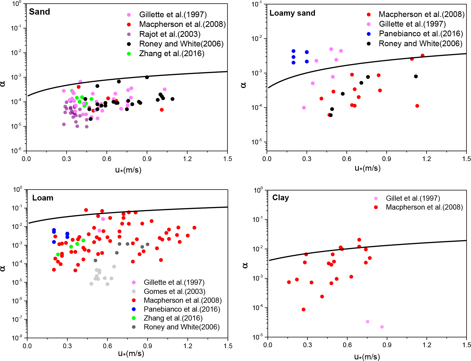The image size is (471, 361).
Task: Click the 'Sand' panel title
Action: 39,12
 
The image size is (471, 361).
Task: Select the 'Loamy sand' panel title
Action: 292,13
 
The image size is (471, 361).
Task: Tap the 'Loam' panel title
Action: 43,198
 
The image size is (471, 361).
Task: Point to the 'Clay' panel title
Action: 281,198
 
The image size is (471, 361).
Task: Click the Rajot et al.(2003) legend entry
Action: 170,34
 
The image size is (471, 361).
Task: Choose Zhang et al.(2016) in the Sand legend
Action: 171,54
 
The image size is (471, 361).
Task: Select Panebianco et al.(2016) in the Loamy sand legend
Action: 421,34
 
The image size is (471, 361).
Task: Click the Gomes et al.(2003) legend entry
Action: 174,291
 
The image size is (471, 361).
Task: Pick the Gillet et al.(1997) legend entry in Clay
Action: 413,198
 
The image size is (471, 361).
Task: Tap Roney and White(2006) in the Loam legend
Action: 182,327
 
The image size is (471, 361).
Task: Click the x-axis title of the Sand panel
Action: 128,170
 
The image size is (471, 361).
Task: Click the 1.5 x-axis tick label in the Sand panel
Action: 228,159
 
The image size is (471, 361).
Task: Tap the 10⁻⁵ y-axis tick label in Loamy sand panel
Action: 257,142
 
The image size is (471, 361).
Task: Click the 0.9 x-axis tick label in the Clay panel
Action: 387,345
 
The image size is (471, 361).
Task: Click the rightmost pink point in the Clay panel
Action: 382,327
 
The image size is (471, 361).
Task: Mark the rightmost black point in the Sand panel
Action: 172,99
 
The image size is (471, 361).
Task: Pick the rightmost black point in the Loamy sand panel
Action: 416,76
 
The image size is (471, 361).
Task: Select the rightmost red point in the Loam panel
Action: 194,228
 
